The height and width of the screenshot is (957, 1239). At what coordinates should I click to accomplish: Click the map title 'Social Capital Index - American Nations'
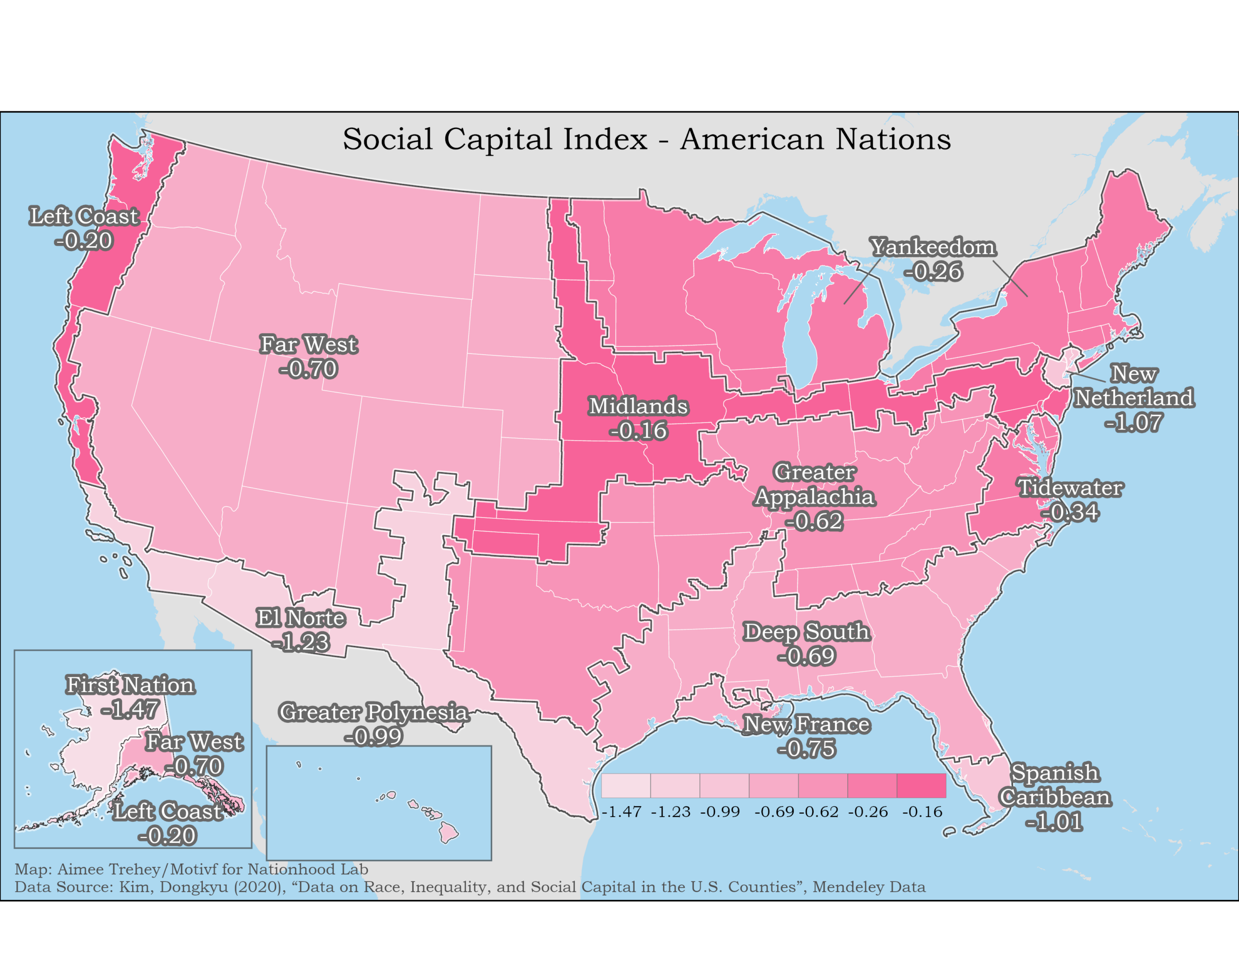coord(646,139)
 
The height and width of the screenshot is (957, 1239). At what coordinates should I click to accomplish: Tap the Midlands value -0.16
coord(638,431)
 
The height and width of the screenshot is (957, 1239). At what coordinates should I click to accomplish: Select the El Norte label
coord(300,618)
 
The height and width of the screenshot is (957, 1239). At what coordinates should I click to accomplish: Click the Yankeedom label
coord(933,247)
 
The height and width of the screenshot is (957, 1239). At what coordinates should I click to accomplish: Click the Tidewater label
coord(1070,488)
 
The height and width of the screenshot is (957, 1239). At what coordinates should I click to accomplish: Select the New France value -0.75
coord(806,749)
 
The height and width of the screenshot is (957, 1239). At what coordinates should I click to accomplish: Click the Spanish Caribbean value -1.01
coord(1054,822)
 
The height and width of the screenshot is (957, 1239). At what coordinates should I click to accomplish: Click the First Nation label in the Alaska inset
coord(131,685)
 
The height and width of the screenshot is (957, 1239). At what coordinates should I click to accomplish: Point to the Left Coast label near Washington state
coord(84,216)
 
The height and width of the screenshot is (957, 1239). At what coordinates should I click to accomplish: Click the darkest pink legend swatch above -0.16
coord(922,786)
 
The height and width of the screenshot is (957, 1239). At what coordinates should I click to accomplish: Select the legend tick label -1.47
coord(621,812)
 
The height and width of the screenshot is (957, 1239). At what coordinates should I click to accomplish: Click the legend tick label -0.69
coord(774,812)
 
